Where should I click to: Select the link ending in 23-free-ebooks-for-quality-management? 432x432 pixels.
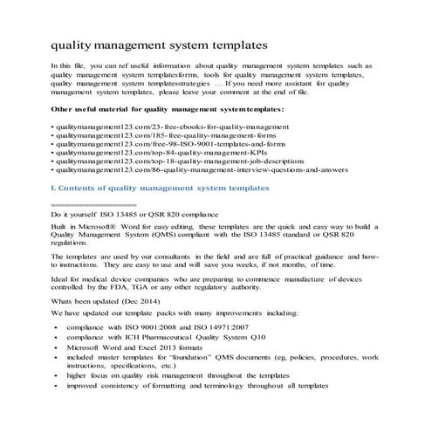tap(159, 127)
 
